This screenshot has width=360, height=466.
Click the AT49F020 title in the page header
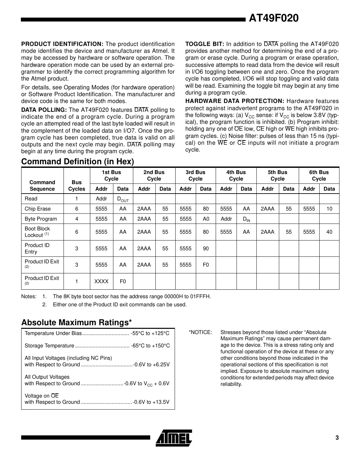tap(273, 19)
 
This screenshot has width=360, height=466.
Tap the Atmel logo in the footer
tap(174, 437)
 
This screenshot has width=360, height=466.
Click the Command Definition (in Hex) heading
tap(78, 162)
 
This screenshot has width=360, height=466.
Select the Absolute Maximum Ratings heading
tap(77, 322)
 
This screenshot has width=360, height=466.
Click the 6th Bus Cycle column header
tap(319, 176)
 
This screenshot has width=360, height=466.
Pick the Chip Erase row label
tap(37, 209)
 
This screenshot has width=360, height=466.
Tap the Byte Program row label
tap(41, 219)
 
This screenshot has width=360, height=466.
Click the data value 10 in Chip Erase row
tap(329, 209)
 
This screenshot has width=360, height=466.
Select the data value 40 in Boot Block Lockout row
tap(329, 232)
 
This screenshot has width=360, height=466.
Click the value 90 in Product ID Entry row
tap(206, 248)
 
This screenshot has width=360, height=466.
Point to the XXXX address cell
tap(101, 281)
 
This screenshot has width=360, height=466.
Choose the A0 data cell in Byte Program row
tap(206, 219)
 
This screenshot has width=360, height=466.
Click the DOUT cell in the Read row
tap(123, 199)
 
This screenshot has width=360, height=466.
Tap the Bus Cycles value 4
tap(77, 219)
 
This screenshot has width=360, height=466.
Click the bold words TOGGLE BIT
tap(204, 44)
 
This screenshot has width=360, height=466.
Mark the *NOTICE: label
tap(200, 332)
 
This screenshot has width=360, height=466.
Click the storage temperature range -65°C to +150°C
tap(150, 346)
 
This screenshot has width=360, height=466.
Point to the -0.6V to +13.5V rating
tap(151, 402)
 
